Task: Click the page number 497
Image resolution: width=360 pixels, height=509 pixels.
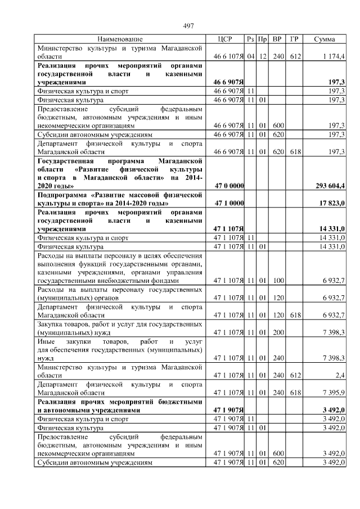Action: pyautogui.click(x=188, y=26)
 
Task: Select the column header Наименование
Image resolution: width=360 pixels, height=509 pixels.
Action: pyautogui.click(x=120, y=39)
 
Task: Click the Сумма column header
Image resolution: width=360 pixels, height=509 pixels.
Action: pyautogui.click(x=325, y=39)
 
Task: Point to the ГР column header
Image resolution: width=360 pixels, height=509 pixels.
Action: pyautogui.click(x=293, y=39)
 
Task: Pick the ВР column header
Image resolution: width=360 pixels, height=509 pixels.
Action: pyautogui.click(x=277, y=39)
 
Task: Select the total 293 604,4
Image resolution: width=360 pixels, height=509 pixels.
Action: pyautogui.click(x=328, y=185)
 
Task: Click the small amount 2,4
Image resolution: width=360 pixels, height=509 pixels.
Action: pyautogui.click(x=340, y=374)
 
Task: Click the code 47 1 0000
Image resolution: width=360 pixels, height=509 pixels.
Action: pyautogui.click(x=229, y=202)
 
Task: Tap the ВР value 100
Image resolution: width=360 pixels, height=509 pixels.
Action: pyautogui.click(x=277, y=280)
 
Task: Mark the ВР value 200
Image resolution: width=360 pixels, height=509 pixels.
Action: pyautogui.click(x=277, y=332)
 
